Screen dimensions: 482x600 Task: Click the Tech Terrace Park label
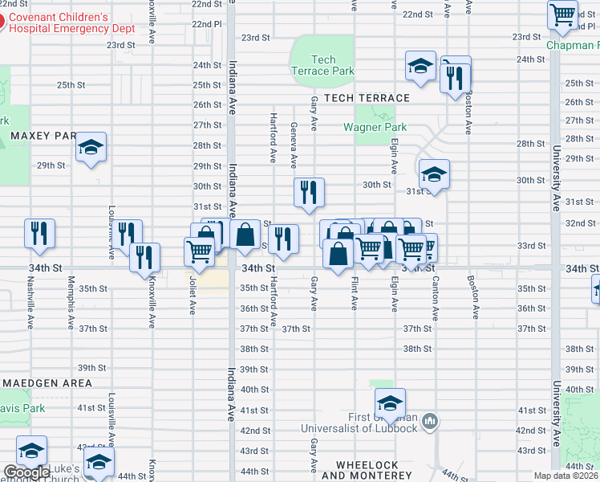click(323, 65)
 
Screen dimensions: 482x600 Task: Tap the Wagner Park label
click(375, 127)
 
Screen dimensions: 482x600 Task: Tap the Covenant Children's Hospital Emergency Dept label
click(83, 22)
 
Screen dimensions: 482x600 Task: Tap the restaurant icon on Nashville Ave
click(39, 233)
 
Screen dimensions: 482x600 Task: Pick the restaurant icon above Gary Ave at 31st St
click(309, 192)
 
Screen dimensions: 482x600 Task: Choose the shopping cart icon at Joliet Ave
click(199, 251)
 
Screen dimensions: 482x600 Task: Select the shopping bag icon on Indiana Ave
click(245, 234)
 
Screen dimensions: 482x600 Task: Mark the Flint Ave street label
click(354, 293)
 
